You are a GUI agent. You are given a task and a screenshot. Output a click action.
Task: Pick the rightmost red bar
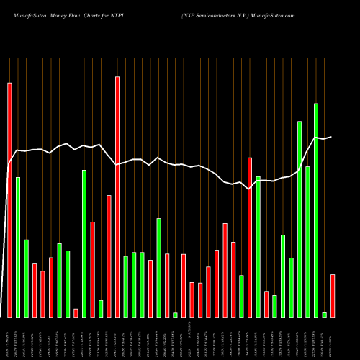coord(333,295)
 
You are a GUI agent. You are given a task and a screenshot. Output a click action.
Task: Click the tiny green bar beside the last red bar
coord(324,315)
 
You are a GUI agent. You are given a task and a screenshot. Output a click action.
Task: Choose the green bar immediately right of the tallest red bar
coord(125,286)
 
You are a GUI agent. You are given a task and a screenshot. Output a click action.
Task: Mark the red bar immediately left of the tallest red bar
coord(109,256)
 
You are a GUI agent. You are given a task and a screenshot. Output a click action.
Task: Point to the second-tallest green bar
coord(300,219)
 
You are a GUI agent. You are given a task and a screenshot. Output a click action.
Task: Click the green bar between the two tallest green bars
coord(307,241)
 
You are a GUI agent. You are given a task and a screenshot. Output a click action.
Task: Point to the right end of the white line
coord(332,136)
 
